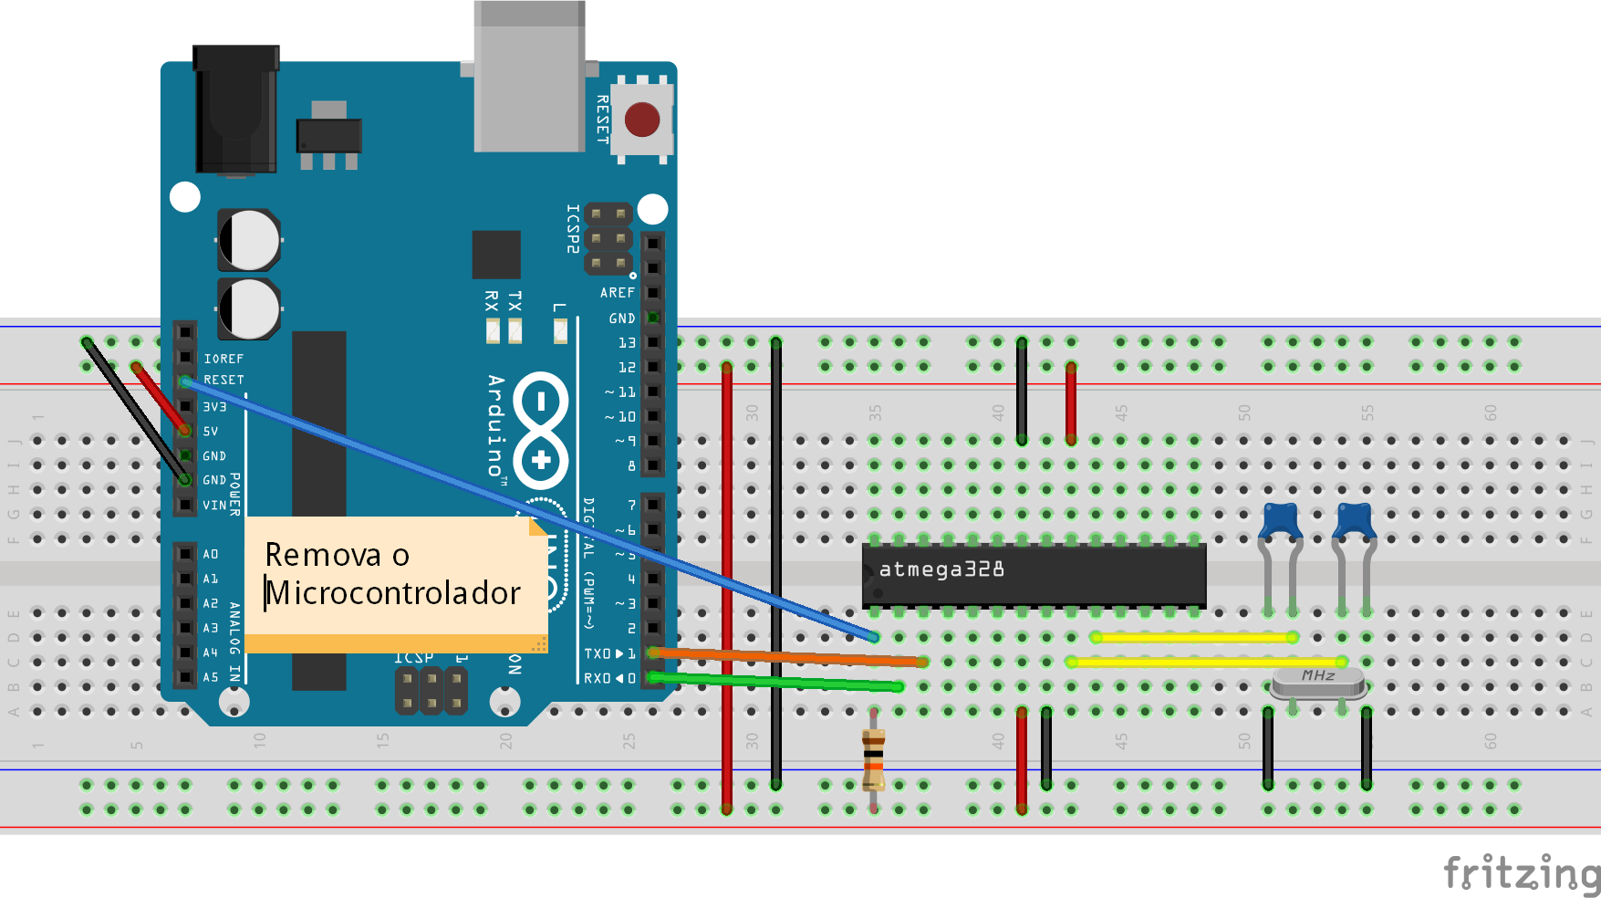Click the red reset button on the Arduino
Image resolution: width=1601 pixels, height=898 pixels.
[642, 120]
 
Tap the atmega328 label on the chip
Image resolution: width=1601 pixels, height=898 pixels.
[941, 569]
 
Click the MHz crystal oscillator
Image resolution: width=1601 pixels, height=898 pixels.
[1318, 679]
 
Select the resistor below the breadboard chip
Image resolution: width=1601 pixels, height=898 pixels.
[873, 757]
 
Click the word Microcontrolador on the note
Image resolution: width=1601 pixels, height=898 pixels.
[393, 593]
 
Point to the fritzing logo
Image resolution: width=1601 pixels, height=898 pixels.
[1521, 872]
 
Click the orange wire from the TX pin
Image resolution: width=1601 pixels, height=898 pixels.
[785, 656]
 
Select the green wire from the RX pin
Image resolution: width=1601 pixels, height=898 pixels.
[775, 682]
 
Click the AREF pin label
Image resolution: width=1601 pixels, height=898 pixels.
[618, 293]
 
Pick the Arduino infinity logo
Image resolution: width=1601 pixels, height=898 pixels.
[541, 429]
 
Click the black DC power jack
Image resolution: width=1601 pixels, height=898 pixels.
[235, 110]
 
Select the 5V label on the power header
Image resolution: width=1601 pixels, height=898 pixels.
[211, 432]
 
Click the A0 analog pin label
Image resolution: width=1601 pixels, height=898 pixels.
[211, 554]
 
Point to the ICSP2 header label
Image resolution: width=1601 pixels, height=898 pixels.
[573, 228]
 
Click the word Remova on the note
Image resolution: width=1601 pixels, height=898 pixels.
[323, 555]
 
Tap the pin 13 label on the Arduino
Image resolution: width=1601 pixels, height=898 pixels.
[627, 343]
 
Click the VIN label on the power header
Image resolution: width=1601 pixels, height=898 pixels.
[214, 505]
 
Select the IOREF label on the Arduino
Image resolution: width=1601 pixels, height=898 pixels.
[224, 359]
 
